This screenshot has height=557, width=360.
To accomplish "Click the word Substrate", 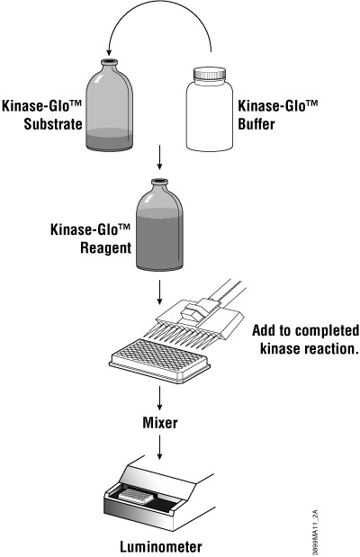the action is tap(53, 124).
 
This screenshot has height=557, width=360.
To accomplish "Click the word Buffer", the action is tap(256, 124).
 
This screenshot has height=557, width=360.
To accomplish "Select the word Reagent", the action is tap(105, 247).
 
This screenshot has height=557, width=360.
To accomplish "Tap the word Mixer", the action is tap(160, 423).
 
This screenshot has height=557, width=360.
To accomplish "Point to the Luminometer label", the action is tap(161, 547).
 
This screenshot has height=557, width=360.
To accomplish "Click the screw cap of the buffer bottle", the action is tap(210, 74).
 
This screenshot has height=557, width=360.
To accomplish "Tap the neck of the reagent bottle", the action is tap(160, 183).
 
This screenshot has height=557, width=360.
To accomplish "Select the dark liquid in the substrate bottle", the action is tap(110, 139).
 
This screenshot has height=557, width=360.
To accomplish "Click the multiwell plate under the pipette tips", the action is tap(159, 361).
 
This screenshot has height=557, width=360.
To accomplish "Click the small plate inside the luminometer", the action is tap(137, 496).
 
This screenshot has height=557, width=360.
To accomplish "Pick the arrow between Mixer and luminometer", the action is tap(160, 447).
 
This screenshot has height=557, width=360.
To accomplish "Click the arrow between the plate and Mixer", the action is tap(160, 399).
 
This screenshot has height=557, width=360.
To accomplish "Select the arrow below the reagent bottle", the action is tap(160, 292).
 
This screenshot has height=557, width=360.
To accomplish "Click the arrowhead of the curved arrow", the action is tap(109, 52).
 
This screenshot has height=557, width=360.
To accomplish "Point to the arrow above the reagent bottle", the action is tap(160, 157).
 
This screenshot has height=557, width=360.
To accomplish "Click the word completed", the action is tap(327, 331).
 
